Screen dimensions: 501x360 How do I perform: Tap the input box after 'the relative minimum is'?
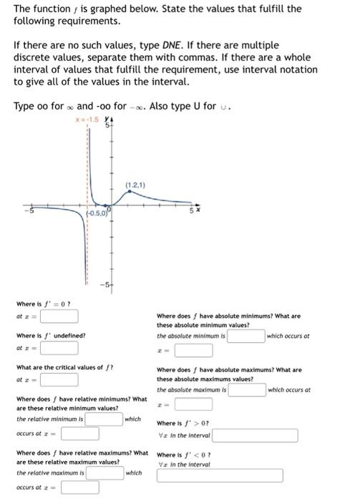(104, 419)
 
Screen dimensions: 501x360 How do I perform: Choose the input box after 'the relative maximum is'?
(104, 472)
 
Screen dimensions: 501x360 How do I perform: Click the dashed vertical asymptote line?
(87, 172)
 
